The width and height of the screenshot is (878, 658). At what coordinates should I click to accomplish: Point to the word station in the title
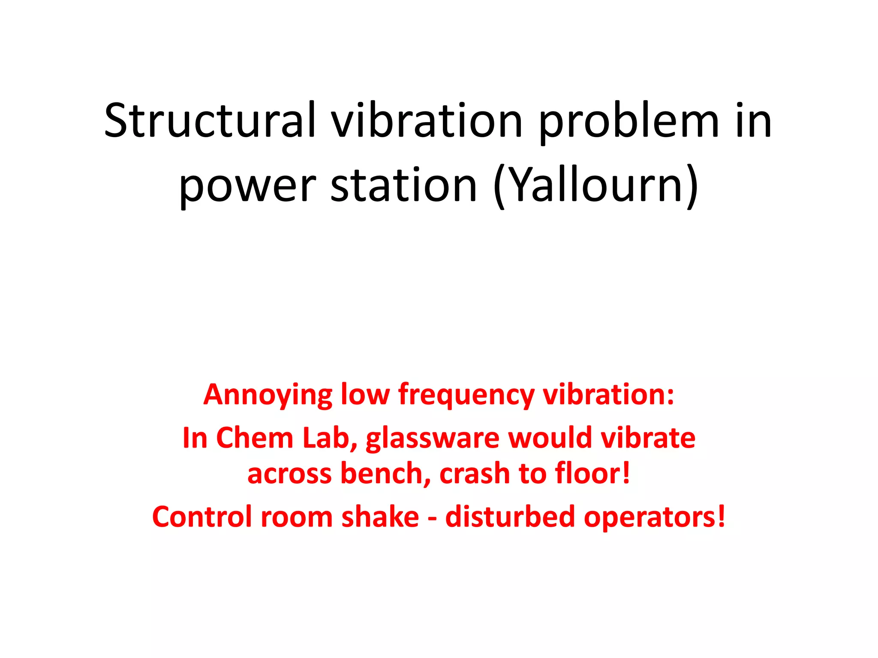[404, 186]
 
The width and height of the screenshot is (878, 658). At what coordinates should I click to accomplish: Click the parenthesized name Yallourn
[596, 186]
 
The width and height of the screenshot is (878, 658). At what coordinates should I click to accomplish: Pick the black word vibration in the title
[427, 121]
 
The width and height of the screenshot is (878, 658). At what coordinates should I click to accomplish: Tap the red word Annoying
[268, 395]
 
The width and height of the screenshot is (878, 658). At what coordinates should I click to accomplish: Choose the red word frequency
[466, 395]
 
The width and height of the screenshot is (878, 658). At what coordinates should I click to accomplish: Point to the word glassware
[433, 439]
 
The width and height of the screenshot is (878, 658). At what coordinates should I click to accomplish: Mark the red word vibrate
[648, 438]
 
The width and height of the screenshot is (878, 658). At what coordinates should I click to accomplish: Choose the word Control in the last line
[202, 517]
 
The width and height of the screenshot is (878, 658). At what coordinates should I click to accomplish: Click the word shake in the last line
[380, 517]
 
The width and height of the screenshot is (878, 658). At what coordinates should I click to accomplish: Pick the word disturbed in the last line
[510, 517]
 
